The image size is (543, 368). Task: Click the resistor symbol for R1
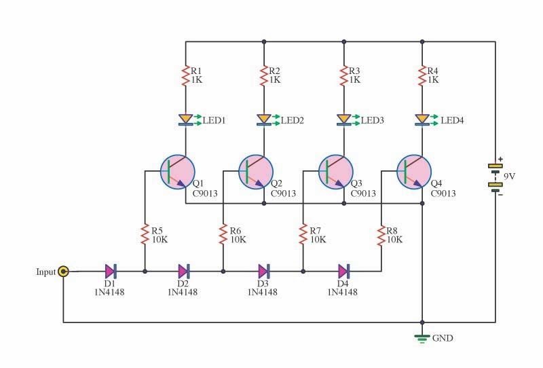(x=185, y=75)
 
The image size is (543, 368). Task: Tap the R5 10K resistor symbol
(x=145, y=235)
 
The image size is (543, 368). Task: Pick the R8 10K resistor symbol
(x=381, y=235)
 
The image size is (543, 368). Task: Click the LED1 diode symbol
(x=185, y=120)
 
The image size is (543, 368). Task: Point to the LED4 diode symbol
(x=422, y=120)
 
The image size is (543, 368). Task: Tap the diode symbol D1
(x=111, y=272)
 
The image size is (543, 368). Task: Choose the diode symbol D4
(x=344, y=272)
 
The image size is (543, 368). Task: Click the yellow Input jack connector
(x=63, y=272)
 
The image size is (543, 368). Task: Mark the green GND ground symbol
(x=422, y=337)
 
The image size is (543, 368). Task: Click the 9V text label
(x=508, y=176)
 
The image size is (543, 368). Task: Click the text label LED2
(x=293, y=120)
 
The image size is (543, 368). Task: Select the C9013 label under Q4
(x=443, y=194)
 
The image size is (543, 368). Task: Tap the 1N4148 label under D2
(x=183, y=292)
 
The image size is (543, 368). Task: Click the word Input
(x=45, y=272)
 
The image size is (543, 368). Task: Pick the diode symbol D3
(x=264, y=272)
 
